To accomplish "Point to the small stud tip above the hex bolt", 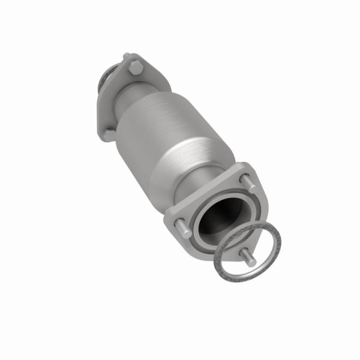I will (127, 57).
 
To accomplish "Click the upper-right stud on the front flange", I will (244, 178).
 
